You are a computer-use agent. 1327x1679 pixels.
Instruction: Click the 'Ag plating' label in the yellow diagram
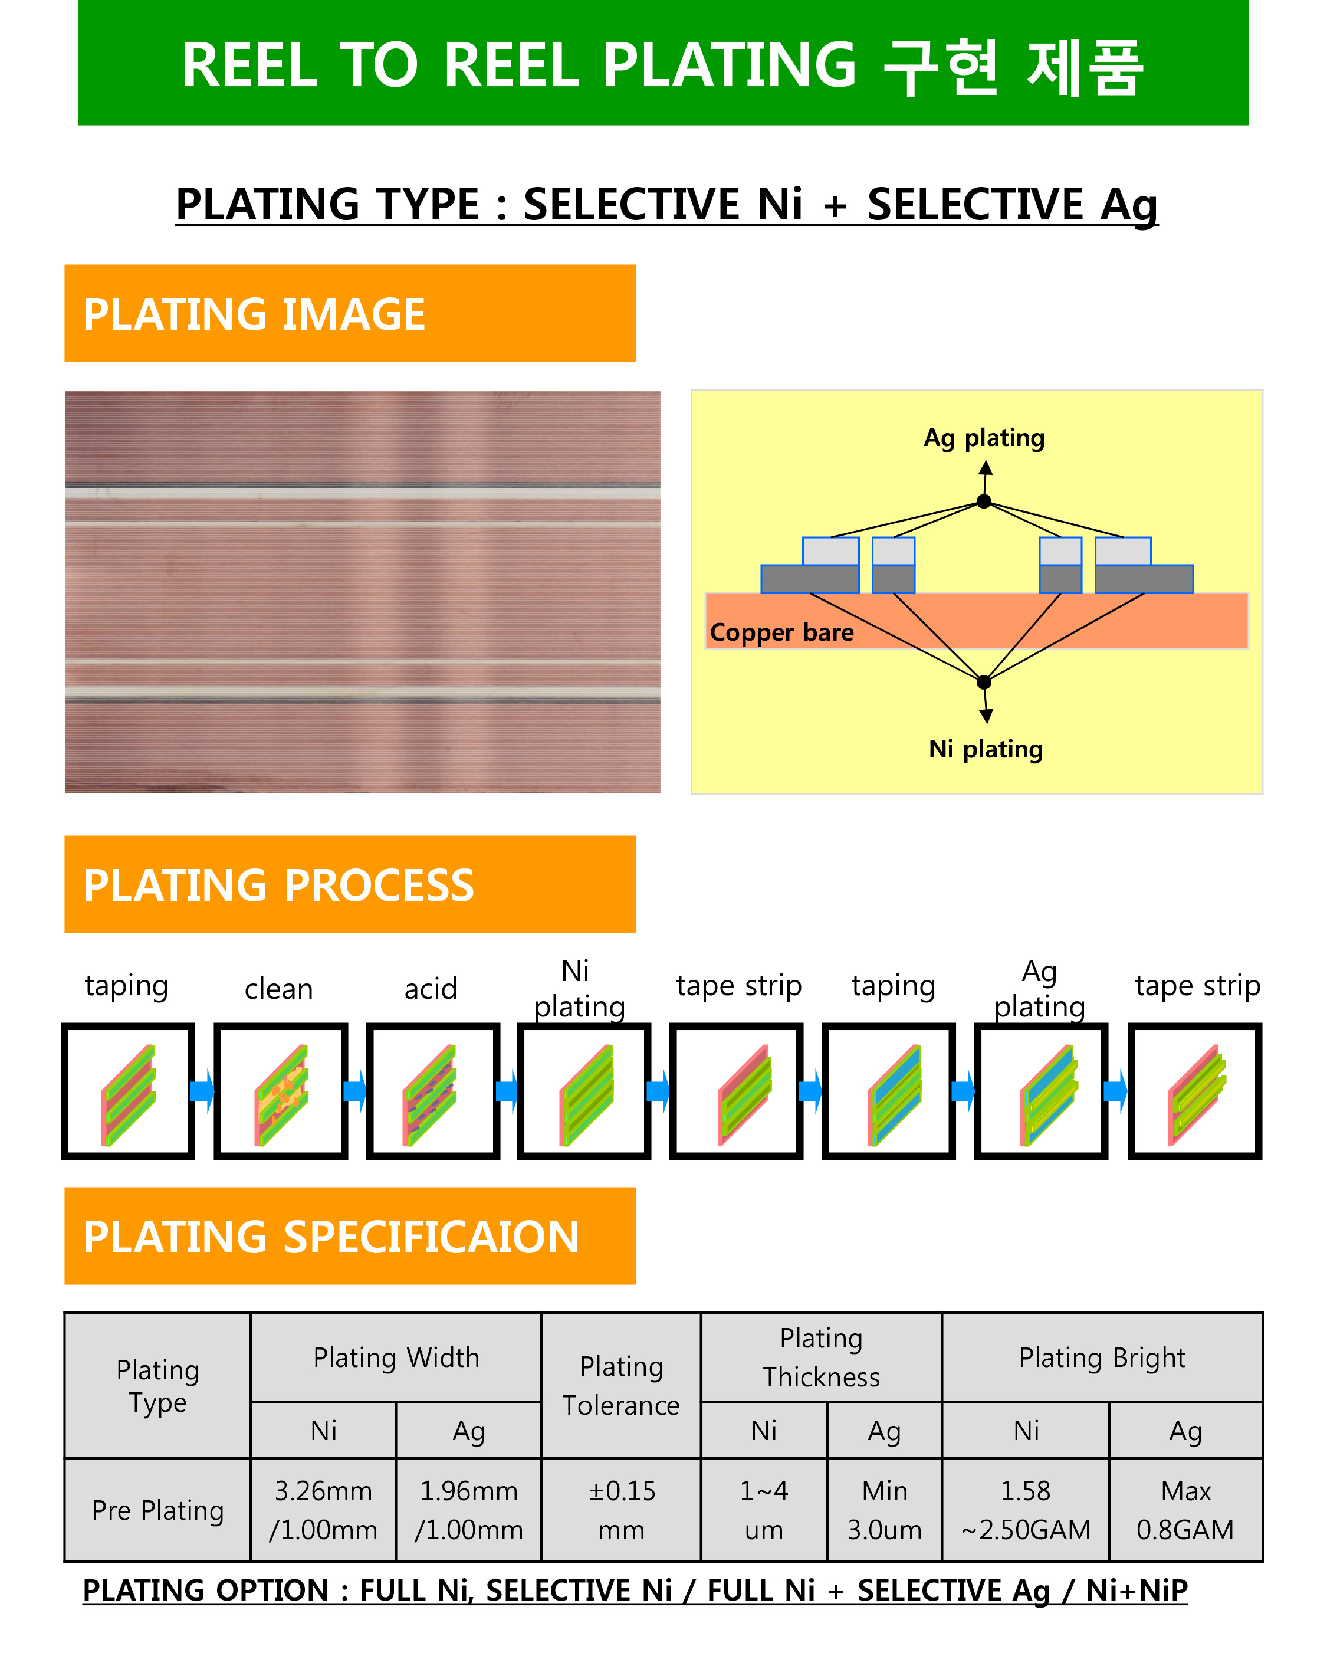click(984, 439)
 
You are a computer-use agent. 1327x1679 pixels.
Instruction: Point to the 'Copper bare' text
click(781, 633)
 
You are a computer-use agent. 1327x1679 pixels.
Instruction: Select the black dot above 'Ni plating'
click(984, 682)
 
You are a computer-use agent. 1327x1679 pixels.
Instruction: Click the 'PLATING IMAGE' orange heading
click(350, 313)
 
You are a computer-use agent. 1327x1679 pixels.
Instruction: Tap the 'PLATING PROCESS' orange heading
click(350, 884)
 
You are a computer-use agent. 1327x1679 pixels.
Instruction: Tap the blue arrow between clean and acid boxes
click(355, 1091)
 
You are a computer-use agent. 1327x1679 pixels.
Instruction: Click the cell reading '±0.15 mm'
click(621, 1510)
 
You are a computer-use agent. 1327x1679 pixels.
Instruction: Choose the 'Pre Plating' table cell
click(157, 1510)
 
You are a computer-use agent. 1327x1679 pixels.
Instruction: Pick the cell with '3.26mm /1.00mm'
click(323, 1510)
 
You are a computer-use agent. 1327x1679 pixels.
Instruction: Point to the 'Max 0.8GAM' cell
click(1185, 1510)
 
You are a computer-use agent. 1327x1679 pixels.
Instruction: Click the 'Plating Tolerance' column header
click(621, 1385)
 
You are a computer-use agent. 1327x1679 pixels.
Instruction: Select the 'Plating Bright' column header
click(1102, 1357)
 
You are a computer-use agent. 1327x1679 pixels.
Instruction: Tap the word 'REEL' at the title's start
click(249, 65)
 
